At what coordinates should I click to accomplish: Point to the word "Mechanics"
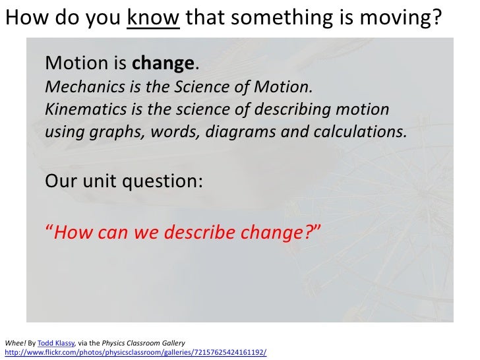(77, 88)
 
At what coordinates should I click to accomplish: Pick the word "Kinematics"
(80, 109)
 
